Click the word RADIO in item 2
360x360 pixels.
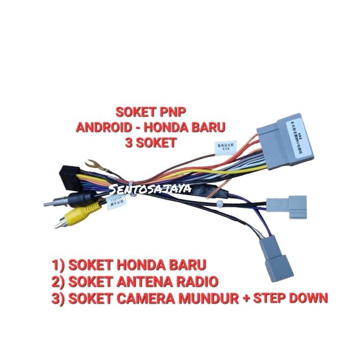point(200,281)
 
